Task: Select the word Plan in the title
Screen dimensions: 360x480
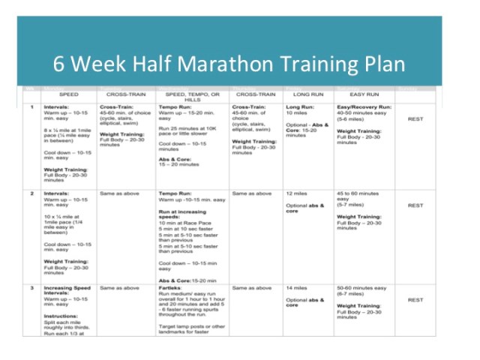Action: [380, 64]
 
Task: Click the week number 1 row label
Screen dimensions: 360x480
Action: [31, 107]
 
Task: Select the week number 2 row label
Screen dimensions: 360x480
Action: [31, 193]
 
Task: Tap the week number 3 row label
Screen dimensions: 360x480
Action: [31, 287]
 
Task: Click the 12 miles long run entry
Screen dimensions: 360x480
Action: [296, 193]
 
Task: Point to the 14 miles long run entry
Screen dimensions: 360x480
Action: [296, 287]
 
